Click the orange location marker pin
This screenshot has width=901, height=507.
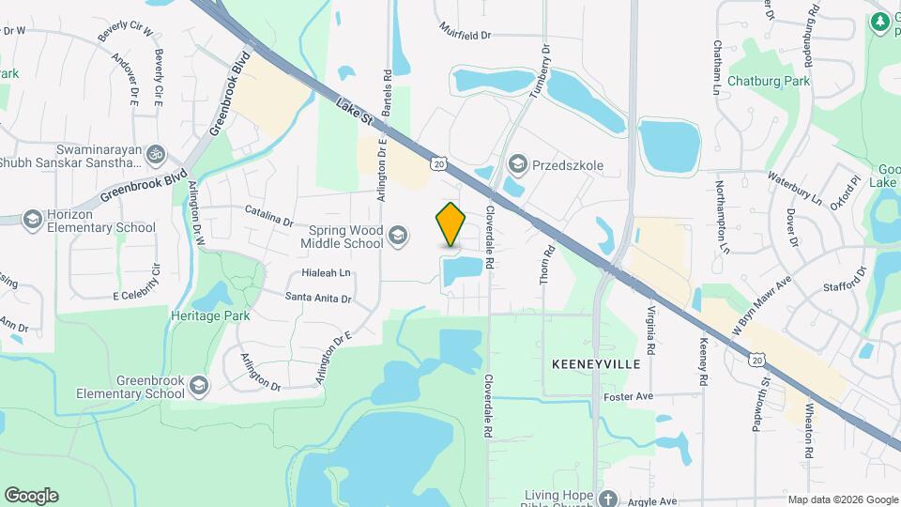[x=451, y=224]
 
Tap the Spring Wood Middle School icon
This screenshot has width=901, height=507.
[x=398, y=235]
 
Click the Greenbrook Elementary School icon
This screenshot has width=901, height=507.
[x=198, y=385]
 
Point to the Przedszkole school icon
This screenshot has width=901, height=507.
[x=517, y=165]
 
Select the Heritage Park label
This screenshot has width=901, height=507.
[x=210, y=315]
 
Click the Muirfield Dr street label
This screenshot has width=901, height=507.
[x=466, y=35]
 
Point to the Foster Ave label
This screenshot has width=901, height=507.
[x=628, y=396]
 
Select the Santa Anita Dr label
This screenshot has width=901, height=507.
[x=319, y=298]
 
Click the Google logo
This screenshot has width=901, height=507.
[x=31, y=495]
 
